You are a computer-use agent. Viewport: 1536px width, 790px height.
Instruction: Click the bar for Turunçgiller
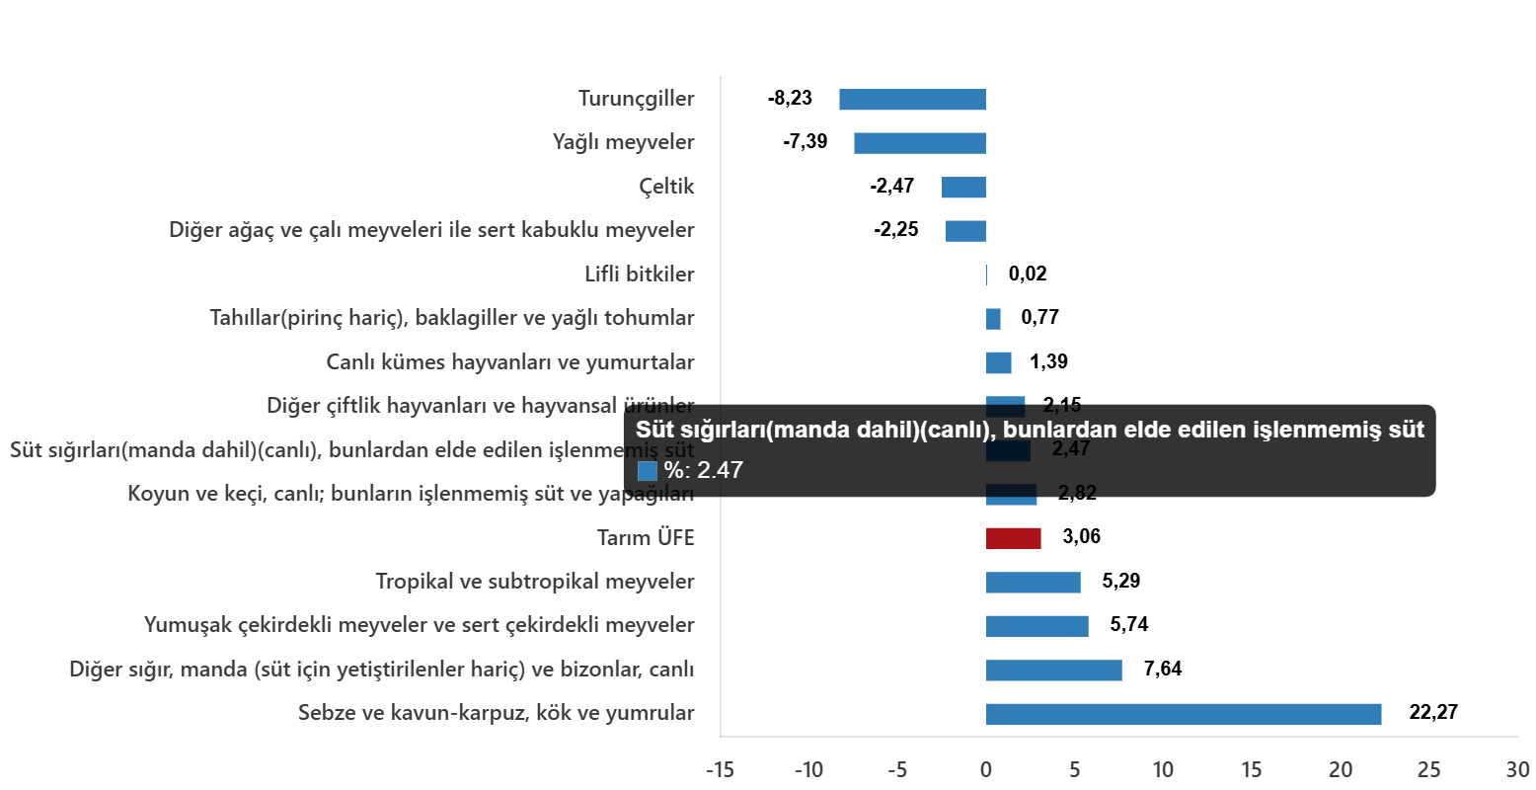pos(912,100)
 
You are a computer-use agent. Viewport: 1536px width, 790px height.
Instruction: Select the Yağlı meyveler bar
pos(919,143)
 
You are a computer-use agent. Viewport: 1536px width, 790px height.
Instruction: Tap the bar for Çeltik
pos(963,188)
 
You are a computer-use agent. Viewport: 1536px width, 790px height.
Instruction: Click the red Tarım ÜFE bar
pos(1013,538)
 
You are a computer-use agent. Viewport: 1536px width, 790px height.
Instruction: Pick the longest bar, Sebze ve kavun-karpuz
pos(1183,714)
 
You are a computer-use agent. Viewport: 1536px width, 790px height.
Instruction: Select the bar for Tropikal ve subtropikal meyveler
pos(1033,583)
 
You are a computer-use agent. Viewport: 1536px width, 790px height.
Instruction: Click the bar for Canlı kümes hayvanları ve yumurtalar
pos(998,363)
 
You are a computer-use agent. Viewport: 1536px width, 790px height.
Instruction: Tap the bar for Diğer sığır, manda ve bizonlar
pos(1053,671)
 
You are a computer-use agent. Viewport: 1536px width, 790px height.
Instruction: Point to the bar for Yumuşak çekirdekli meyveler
pos(1037,626)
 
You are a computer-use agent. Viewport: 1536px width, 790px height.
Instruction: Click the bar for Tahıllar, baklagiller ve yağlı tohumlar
pos(993,319)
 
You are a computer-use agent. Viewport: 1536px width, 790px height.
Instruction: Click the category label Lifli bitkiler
pos(640,275)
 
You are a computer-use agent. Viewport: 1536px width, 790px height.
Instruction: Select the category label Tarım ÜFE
pos(646,538)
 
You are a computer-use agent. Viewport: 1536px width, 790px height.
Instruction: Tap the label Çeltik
pos(666,187)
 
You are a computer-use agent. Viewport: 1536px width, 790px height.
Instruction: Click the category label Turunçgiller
pos(636,99)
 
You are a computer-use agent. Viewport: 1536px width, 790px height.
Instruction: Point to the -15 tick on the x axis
pos(719,770)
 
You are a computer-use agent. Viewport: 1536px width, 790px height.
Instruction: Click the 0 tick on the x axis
pos(985,770)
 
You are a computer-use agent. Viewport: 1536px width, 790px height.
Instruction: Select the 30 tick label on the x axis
pos(1517,770)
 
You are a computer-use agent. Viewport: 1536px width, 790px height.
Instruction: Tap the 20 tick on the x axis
pos(1340,770)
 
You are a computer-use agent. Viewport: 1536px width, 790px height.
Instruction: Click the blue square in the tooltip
pos(648,471)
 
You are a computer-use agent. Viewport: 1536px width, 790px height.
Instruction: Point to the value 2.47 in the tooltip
pos(720,471)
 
